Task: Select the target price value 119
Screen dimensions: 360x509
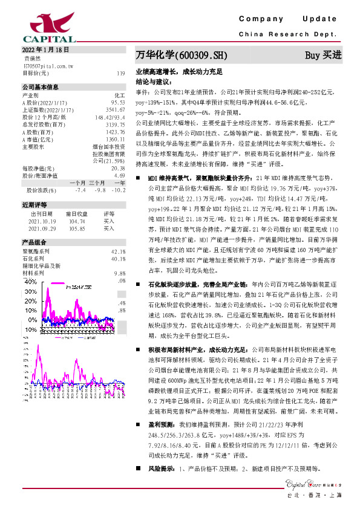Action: [x=120, y=73]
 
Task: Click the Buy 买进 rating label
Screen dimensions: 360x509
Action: [x=323, y=56]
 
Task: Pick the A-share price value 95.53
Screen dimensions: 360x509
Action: [x=117, y=103]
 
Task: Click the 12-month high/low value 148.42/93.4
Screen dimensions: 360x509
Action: [x=110, y=117]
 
